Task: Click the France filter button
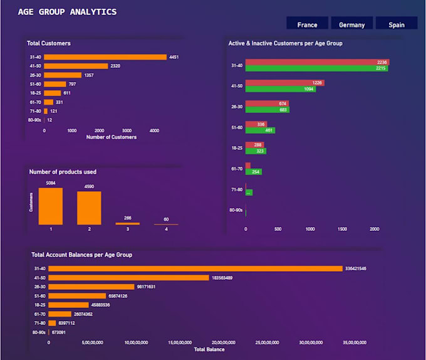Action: click(307, 24)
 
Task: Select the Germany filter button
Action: click(351, 24)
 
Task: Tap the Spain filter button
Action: click(396, 24)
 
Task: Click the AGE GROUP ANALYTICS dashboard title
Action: click(67, 11)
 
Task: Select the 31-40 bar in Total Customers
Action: click(105, 57)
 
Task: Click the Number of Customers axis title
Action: click(111, 137)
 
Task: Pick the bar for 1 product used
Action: click(51, 206)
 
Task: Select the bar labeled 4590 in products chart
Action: click(89, 208)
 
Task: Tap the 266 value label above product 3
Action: click(128, 218)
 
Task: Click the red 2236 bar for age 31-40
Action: click(317, 62)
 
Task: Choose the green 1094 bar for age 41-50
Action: click(281, 89)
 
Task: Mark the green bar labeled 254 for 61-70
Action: click(254, 172)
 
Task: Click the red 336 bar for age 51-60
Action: click(256, 124)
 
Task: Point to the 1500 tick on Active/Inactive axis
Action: click(342, 229)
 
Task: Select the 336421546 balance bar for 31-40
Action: click(195, 268)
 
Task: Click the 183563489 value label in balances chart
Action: click(222, 278)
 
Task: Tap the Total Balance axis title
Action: click(209, 349)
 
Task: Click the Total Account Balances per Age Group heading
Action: click(81, 255)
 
